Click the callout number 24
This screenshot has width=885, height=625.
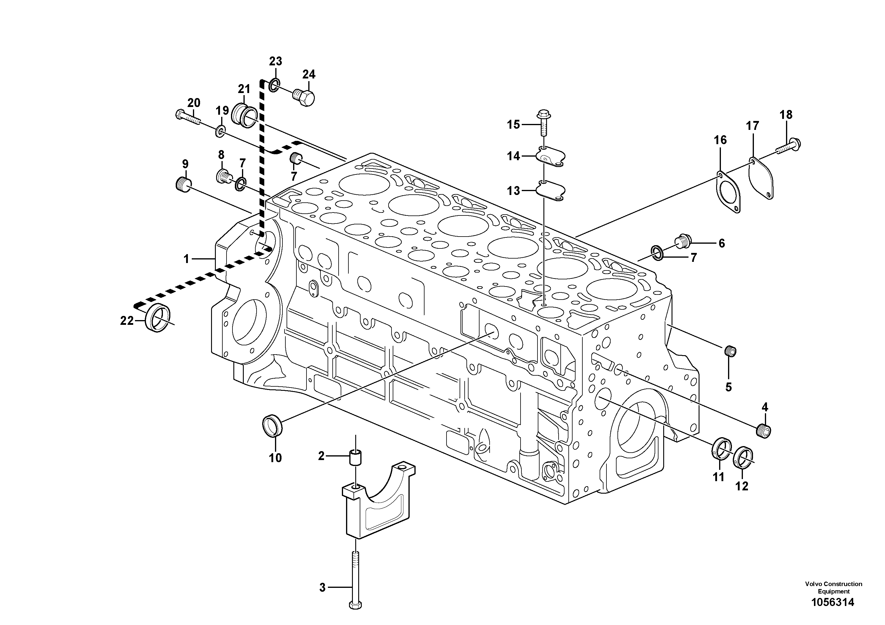tap(309, 74)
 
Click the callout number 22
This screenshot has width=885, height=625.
tap(127, 321)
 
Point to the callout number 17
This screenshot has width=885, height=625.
tap(752, 126)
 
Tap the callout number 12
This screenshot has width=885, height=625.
tap(742, 486)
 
